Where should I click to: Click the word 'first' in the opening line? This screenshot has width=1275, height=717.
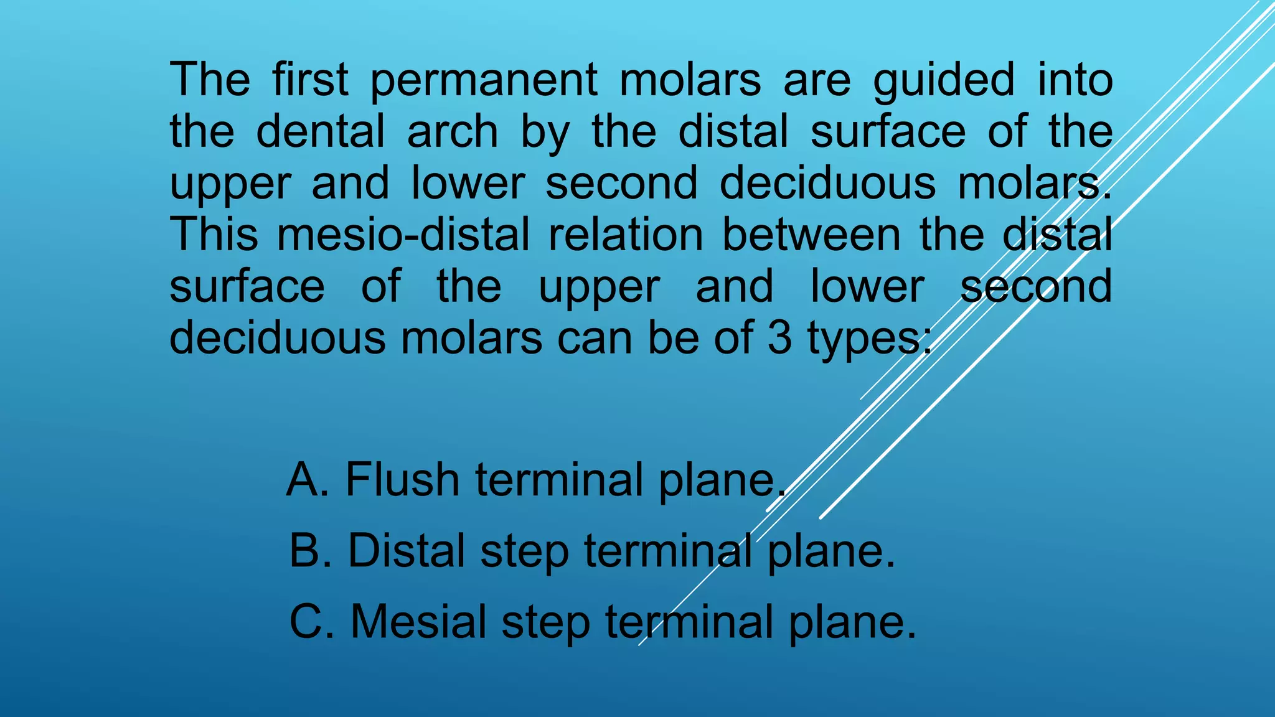pyautogui.click(x=310, y=80)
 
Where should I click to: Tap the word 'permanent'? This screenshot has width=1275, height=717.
pyautogui.click(x=484, y=81)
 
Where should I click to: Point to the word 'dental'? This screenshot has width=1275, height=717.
pyautogui.click(x=321, y=132)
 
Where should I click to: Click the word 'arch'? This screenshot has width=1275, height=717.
pyautogui.click(x=453, y=132)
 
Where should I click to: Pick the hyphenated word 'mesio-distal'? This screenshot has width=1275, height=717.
pyautogui.click(x=403, y=235)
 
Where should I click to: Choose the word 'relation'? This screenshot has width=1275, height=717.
pyautogui.click(x=625, y=235)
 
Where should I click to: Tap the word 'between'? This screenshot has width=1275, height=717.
pyautogui.click(x=811, y=235)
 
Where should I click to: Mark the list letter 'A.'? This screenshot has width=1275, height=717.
pyautogui.click(x=308, y=480)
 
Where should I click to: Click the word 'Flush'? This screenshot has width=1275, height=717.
pyautogui.click(x=402, y=480)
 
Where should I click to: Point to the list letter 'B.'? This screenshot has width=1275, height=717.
pyautogui.click(x=311, y=551)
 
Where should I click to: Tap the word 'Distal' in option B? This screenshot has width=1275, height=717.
pyautogui.click(x=406, y=551)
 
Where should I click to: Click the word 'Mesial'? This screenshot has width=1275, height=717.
pyautogui.click(x=418, y=622)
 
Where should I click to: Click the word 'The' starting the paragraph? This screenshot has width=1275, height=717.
pyautogui.click(x=210, y=80)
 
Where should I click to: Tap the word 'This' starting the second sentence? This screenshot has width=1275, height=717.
pyautogui.click(x=214, y=235)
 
